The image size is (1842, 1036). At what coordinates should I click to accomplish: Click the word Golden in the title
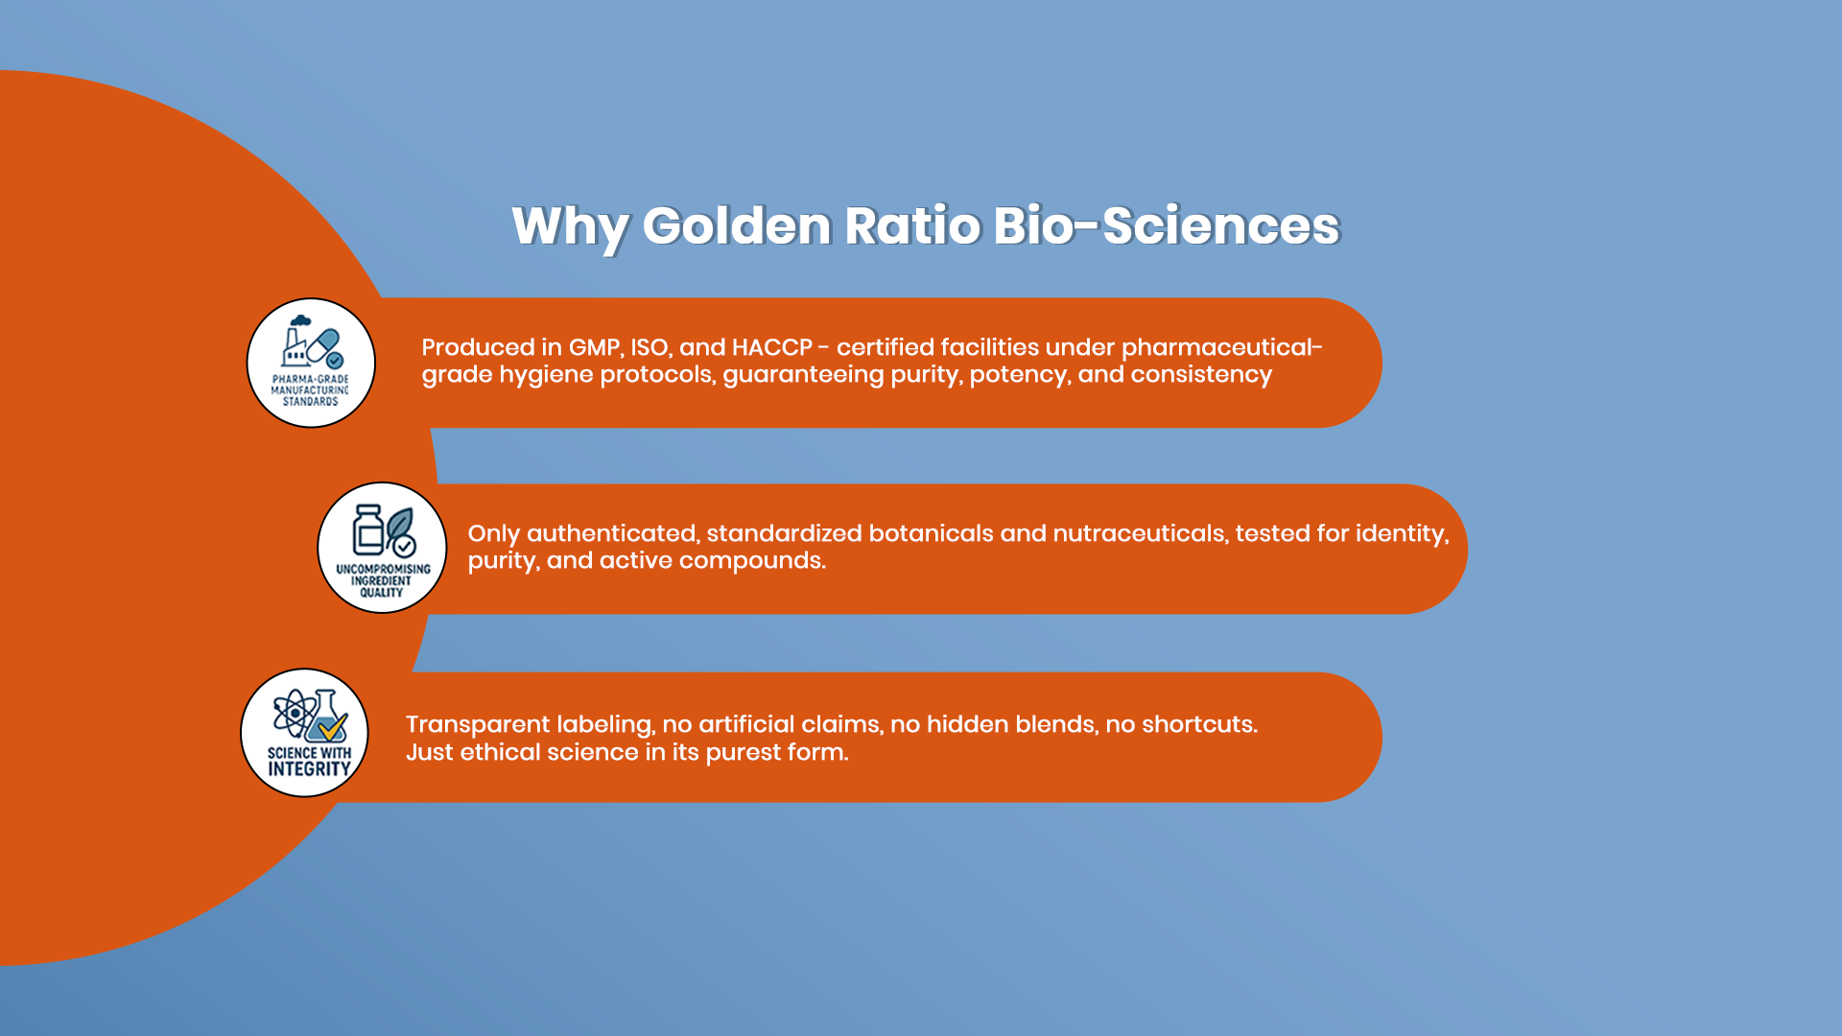[x=736, y=226]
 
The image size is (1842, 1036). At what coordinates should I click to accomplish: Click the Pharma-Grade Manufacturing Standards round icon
[x=311, y=363]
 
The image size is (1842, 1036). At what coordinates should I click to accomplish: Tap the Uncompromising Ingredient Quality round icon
[x=382, y=548]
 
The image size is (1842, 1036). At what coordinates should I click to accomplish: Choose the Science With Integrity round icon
[x=305, y=733]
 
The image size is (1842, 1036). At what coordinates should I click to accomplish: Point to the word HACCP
[x=772, y=347]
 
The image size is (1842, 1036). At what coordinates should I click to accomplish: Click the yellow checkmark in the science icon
[x=333, y=727]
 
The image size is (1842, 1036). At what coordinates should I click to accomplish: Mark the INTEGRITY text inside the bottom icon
[x=309, y=768]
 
